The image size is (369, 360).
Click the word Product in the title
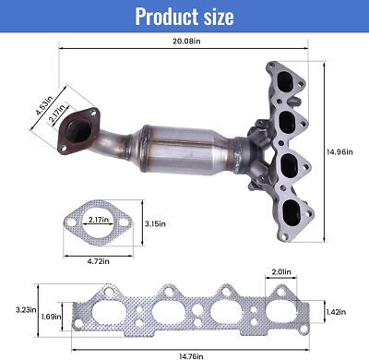click(166, 17)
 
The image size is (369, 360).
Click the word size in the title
click(219, 17)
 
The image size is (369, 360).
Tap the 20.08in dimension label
click(186, 41)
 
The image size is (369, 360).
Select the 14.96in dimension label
click(339, 151)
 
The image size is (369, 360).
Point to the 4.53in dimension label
click(44, 105)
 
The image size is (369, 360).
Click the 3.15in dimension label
click(155, 223)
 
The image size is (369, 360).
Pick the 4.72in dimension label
click(99, 261)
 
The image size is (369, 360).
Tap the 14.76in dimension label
click(191, 356)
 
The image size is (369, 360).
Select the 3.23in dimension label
click(26, 309)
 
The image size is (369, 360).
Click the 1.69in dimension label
click(51, 316)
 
